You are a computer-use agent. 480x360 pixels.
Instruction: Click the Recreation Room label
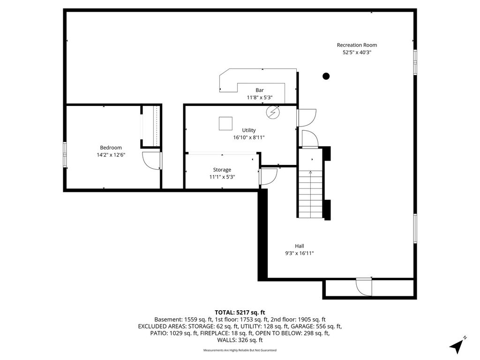[x=357, y=45]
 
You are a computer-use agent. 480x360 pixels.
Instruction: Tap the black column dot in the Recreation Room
[x=326, y=76]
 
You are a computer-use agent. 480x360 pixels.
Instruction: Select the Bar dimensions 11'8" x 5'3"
[x=260, y=97]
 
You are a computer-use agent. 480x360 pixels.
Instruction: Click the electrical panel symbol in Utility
[x=273, y=112]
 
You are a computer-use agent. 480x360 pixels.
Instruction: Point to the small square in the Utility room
[x=225, y=124]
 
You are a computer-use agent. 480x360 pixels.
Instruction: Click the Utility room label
[x=249, y=130]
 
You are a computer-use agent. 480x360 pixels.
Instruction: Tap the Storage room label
[x=222, y=170]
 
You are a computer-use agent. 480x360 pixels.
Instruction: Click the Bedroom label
[x=111, y=148]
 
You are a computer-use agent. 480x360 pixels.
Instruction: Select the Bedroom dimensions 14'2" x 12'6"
[x=111, y=155]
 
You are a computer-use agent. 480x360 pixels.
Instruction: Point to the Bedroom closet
[x=150, y=127]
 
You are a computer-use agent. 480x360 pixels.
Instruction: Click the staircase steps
[x=310, y=194]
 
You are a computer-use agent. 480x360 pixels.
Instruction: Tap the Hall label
[x=300, y=246]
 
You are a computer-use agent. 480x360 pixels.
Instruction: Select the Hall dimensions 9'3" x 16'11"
[x=300, y=253]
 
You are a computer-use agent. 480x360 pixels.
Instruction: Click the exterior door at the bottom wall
[x=364, y=287]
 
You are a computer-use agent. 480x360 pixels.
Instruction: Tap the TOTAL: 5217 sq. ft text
[x=240, y=313]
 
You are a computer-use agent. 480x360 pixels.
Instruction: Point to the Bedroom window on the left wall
[x=65, y=155]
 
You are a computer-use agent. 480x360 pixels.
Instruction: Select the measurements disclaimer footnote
[x=240, y=350]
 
